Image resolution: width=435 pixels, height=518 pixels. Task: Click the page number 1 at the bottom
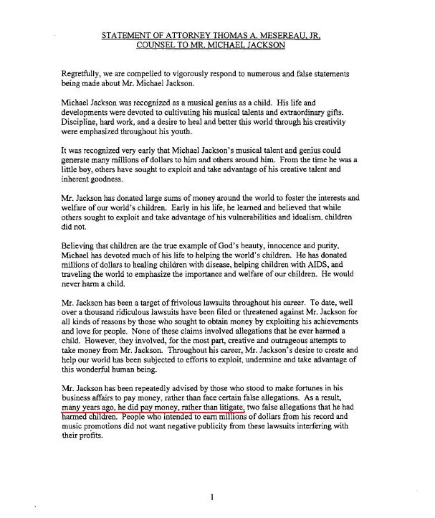click(212, 496)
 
